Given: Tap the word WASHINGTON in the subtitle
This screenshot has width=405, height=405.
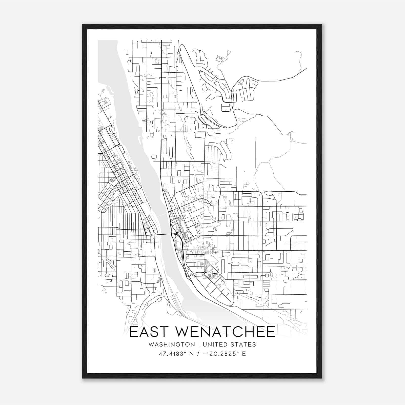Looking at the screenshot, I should (x=172, y=345).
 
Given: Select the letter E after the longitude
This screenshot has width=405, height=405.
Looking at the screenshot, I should (x=244, y=354).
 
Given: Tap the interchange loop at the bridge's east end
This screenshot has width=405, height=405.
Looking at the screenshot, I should (x=174, y=236).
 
